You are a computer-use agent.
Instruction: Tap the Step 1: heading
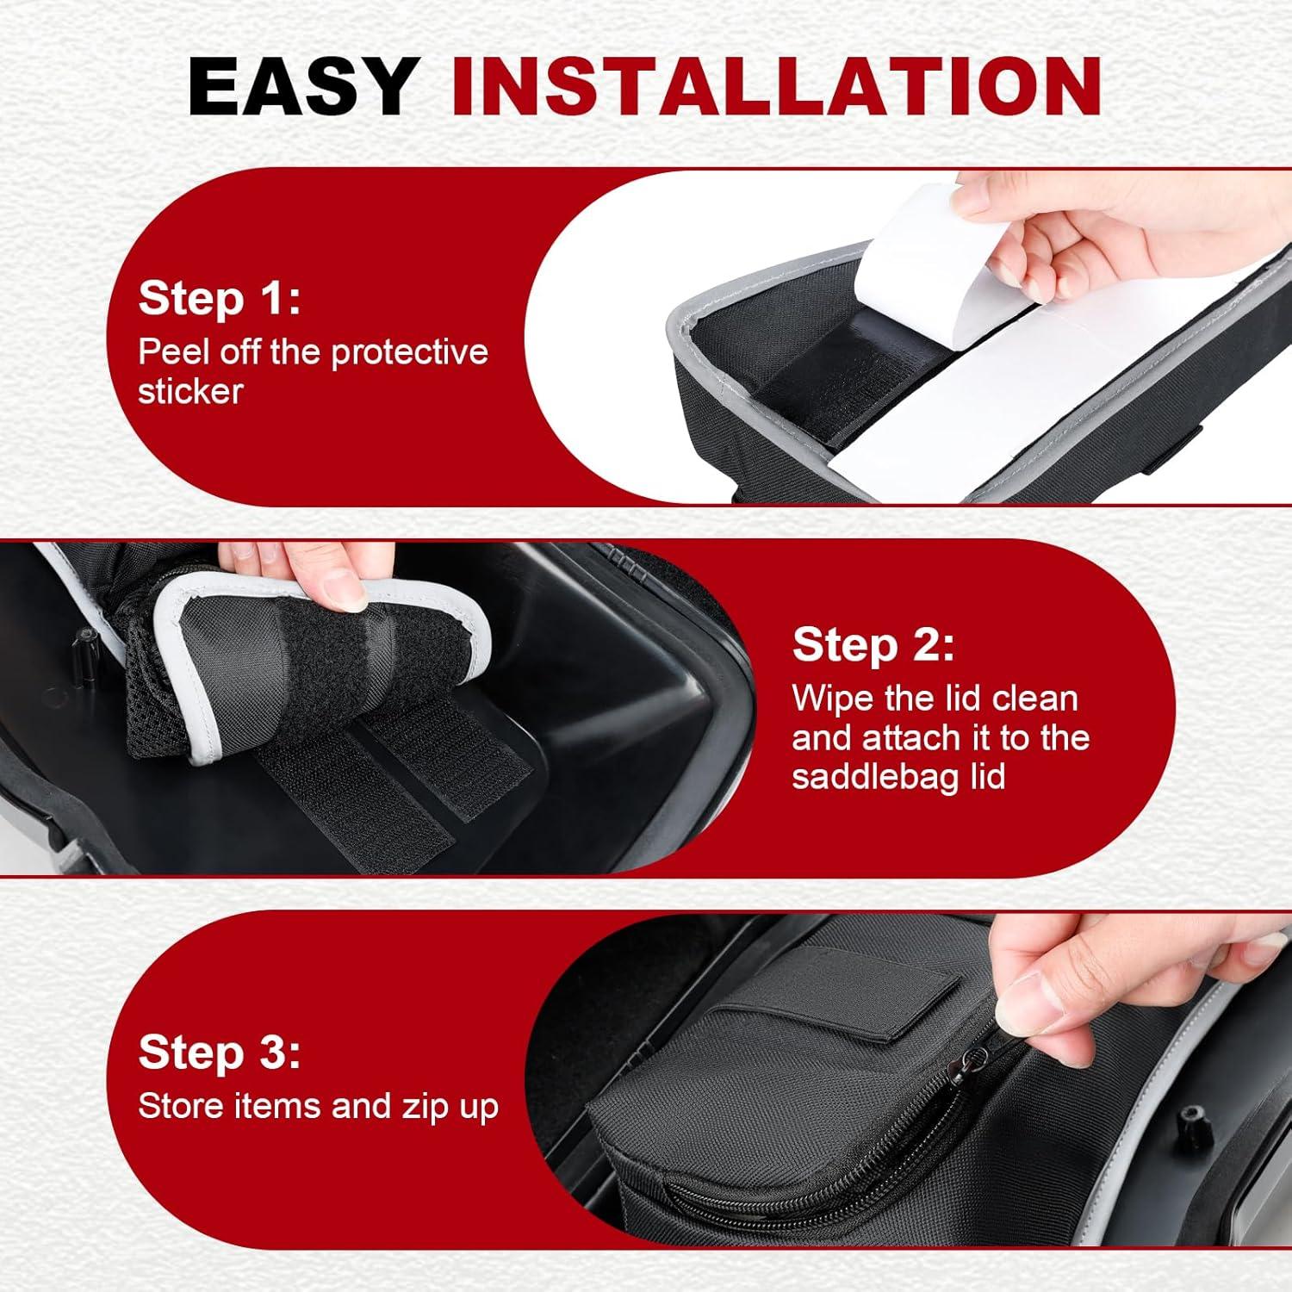pyautogui.click(x=220, y=299)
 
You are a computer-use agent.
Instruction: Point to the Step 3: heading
pyautogui.click(x=220, y=1053)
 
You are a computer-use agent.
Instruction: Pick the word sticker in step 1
pyautogui.click(x=190, y=391)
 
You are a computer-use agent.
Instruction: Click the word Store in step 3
pyautogui.click(x=181, y=1106)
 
